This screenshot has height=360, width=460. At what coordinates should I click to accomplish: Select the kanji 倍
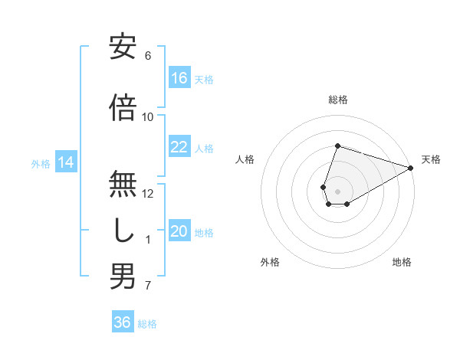click(123, 107)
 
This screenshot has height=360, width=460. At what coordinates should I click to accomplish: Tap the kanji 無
click(123, 183)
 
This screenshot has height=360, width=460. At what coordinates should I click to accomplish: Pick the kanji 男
click(123, 277)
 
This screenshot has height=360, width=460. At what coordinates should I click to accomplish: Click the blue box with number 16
click(179, 78)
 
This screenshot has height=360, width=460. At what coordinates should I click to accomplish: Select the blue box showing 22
click(179, 147)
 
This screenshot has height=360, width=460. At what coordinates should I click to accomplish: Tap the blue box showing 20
click(179, 231)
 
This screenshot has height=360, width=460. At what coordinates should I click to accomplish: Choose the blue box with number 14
click(66, 162)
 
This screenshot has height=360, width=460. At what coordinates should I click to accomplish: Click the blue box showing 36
click(123, 322)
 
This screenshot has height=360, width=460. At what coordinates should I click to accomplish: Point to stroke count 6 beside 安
click(148, 56)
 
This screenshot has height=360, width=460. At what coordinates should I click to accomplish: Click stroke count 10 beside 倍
click(148, 117)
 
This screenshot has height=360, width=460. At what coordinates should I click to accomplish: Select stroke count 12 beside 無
click(148, 194)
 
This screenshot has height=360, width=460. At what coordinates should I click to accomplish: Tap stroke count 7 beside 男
click(148, 286)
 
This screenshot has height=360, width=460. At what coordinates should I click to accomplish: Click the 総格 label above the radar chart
click(337, 100)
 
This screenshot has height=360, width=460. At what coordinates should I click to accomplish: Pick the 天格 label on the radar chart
click(431, 159)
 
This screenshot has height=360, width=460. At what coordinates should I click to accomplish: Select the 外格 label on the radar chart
click(270, 262)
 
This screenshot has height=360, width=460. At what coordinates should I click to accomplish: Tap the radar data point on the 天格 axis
click(412, 169)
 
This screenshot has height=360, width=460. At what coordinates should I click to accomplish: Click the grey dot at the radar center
click(337, 190)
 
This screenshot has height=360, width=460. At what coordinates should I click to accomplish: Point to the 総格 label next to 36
click(147, 324)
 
